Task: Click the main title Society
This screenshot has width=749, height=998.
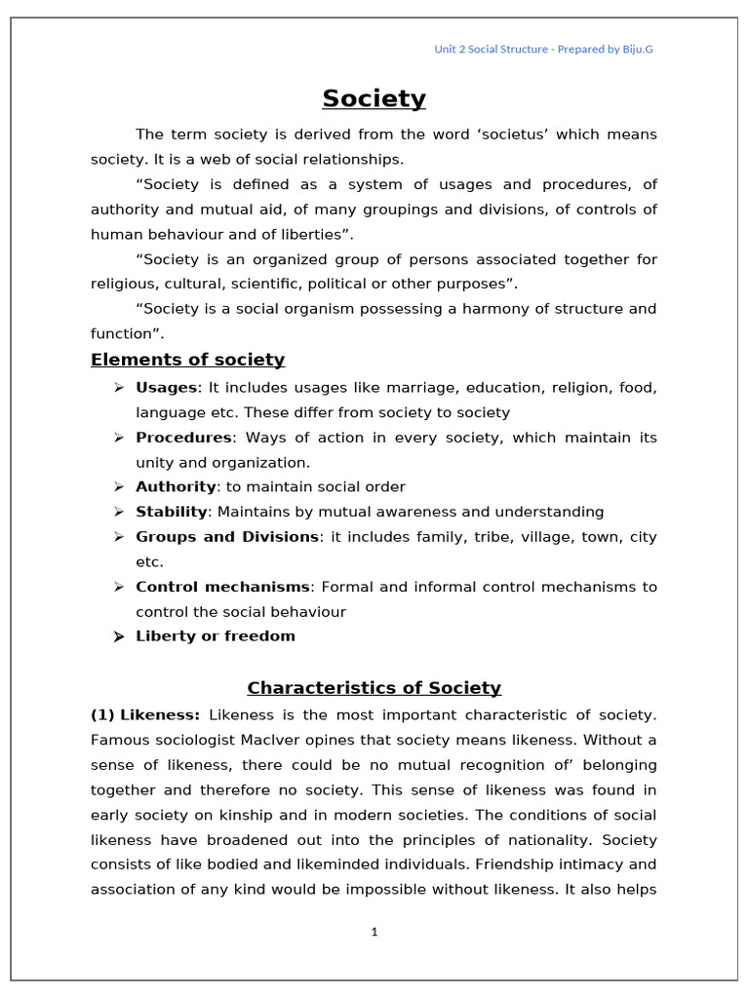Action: [374, 98]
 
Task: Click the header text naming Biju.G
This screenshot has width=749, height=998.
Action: [543, 49]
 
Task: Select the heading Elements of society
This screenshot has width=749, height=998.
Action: [187, 360]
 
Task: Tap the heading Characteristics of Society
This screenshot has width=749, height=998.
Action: [374, 688]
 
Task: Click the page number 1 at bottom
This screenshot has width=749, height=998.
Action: [374, 932]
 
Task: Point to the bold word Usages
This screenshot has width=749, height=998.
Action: [166, 388]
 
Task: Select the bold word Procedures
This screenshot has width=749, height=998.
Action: [183, 438]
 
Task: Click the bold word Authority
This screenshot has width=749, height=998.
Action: [176, 487]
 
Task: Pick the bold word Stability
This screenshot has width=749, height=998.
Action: [172, 512]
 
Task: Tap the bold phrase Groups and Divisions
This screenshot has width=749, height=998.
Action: [226, 537]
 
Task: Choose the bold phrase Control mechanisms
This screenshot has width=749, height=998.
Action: [222, 587]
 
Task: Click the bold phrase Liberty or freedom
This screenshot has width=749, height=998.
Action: [215, 636]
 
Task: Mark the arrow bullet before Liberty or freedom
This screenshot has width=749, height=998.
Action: [118, 636]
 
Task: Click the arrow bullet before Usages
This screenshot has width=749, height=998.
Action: [118, 388]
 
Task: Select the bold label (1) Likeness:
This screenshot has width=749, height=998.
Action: [145, 715]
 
